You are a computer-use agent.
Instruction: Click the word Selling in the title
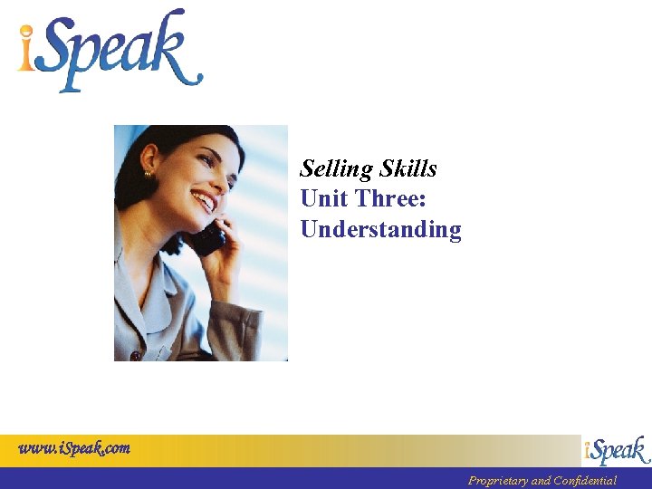337,169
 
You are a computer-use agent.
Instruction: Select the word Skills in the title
408,168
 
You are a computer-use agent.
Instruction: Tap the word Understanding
380,229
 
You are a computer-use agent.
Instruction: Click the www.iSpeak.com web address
74,447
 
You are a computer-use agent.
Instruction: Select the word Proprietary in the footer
497,480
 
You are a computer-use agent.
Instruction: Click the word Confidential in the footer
585,480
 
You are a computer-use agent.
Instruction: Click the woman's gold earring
148,173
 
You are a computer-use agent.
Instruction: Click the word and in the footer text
541,480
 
